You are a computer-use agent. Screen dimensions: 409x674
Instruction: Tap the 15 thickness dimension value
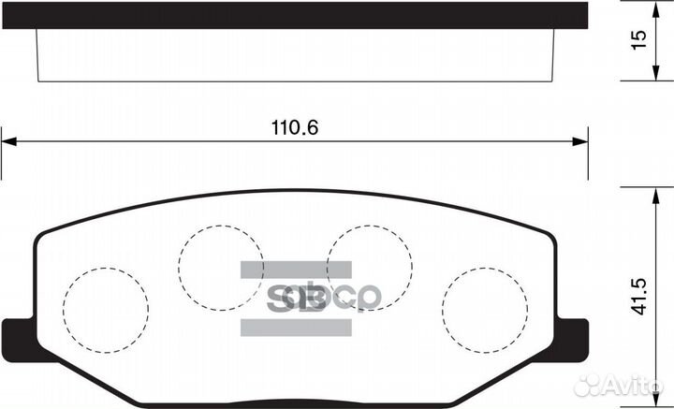click(x=639, y=40)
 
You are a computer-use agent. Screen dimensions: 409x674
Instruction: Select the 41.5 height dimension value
click(x=639, y=296)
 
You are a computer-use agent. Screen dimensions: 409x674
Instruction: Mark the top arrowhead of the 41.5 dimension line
click(x=652, y=192)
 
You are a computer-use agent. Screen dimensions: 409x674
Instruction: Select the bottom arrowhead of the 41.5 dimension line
click(x=652, y=402)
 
